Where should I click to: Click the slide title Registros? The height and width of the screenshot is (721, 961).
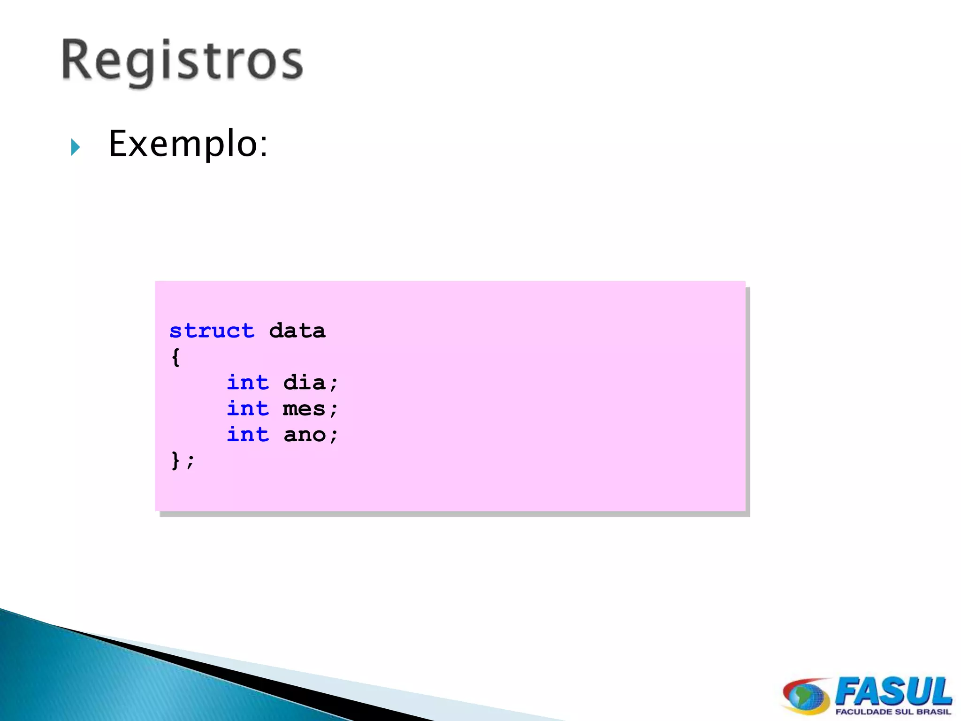coord(182,61)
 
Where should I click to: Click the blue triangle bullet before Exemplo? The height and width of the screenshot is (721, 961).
coord(76,147)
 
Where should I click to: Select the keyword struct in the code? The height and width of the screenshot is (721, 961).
coord(212,331)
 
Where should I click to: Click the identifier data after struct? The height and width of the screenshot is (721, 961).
coord(297,331)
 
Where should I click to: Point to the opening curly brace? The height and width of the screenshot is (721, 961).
coord(175,357)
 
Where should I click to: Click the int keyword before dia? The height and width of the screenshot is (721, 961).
coord(248,383)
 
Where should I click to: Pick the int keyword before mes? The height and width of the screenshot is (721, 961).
coord(248,408)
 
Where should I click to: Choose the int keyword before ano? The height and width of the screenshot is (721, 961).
coord(248,434)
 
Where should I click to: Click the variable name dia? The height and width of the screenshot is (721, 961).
coord(304,383)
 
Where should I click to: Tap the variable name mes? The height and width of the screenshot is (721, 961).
coord(304,409)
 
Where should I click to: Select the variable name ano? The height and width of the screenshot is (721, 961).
coord(304,435)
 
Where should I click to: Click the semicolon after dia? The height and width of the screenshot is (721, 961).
coord(334,384)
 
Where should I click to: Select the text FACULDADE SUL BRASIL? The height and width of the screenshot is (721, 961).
coord(893,712)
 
